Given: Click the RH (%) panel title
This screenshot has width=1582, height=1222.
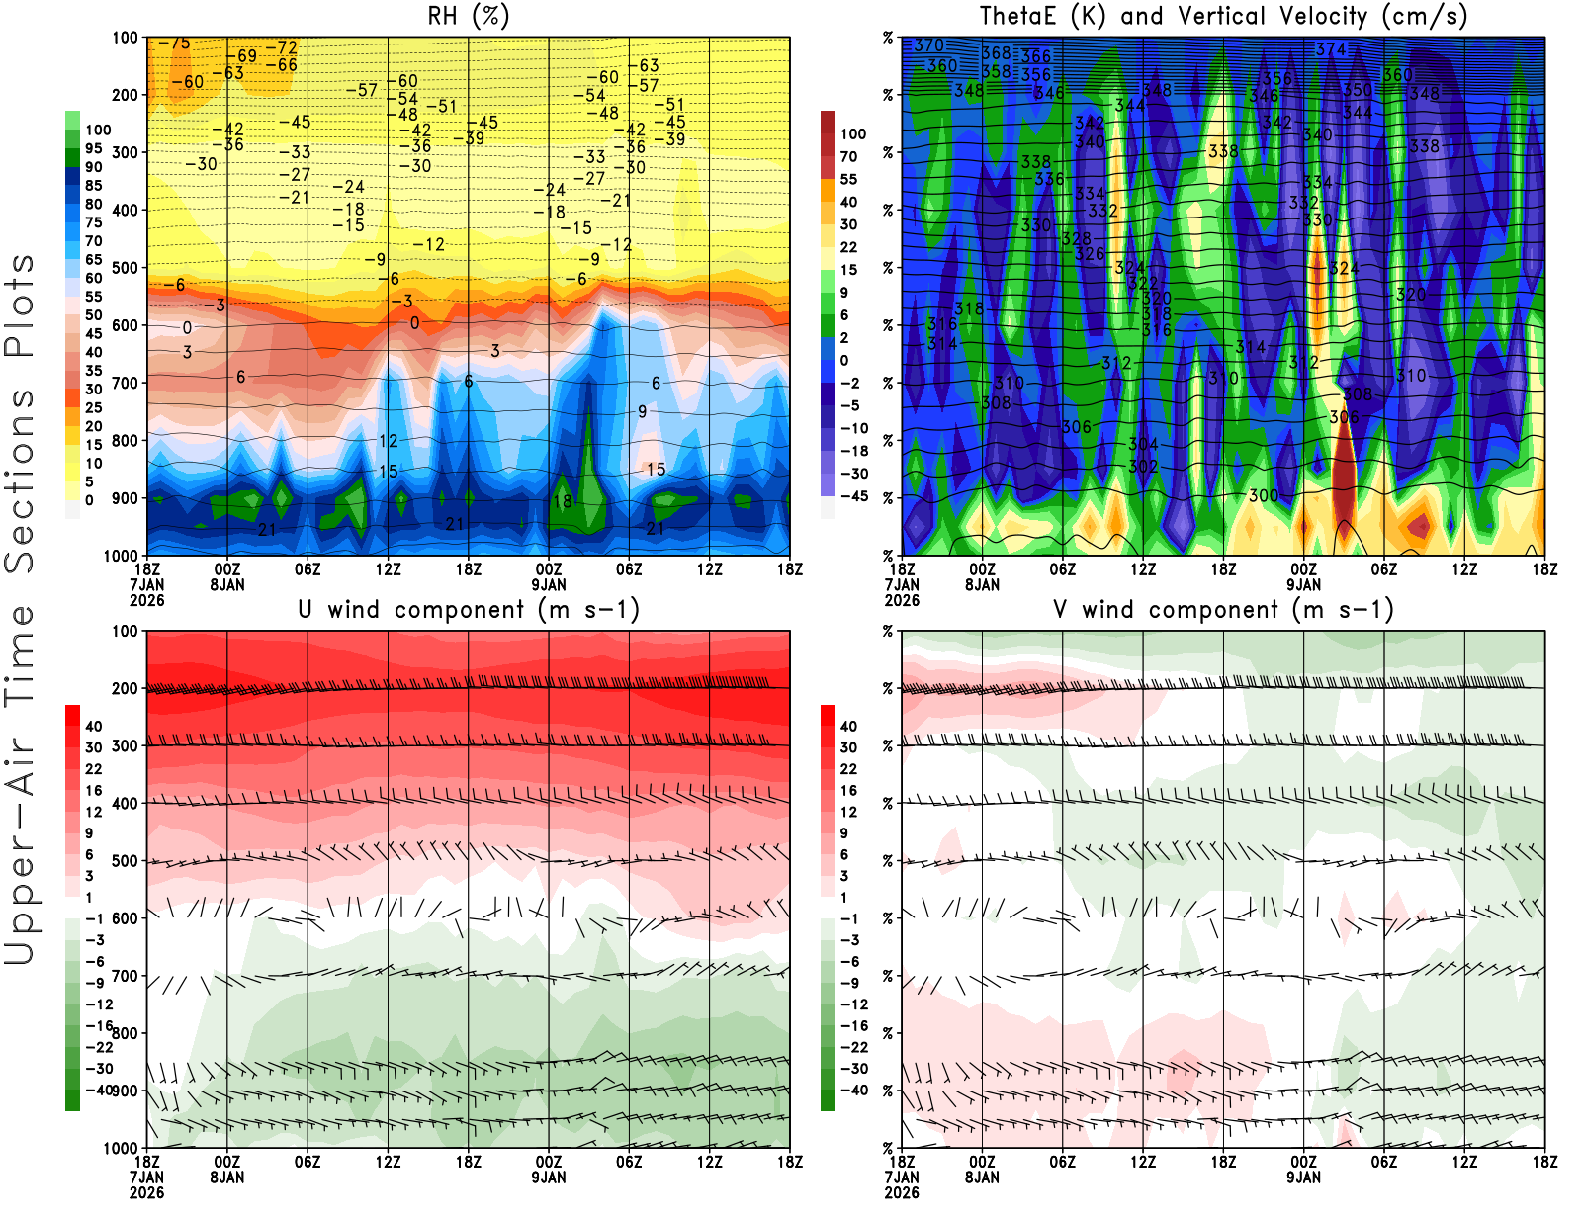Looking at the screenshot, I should coord(469,16).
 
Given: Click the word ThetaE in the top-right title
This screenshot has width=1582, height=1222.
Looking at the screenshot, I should coord(1021,16).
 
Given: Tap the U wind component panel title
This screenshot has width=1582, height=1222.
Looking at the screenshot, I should coord(469,609).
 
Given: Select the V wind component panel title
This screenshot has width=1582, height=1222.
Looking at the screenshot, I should coord(1223,609).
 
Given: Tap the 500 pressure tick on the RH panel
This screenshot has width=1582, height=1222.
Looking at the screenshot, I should coord(125,268).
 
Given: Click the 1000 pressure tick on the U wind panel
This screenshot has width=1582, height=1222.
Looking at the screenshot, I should coord(121,1148).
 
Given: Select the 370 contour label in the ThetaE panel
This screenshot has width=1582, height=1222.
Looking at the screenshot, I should coord(928,45).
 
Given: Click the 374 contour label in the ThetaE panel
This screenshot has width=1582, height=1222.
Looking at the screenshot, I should coord(1331,49).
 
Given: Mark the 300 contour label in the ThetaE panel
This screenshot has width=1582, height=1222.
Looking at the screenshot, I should coord(1263,495).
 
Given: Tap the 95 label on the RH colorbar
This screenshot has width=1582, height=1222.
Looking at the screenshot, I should coord(93,148).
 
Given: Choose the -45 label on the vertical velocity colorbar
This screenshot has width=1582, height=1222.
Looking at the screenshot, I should coord(854,496).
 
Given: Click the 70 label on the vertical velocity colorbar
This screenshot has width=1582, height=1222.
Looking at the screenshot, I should coord(848,156).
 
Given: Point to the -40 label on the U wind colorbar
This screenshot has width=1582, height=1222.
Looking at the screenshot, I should coord(99,1090).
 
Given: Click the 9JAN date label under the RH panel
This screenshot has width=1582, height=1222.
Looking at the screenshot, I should coord(549,584).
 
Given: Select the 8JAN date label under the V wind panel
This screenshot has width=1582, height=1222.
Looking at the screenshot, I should coord(982,1177).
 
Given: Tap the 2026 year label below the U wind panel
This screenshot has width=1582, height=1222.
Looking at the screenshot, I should coord(146,1192).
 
